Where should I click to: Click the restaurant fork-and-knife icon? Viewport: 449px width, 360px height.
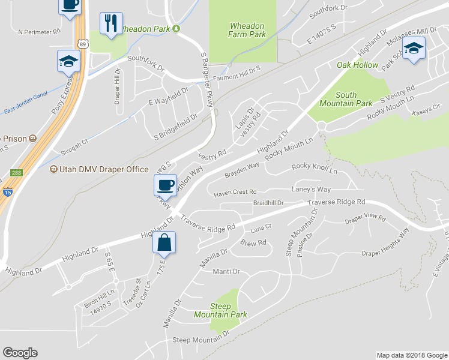click(x=110, y=23)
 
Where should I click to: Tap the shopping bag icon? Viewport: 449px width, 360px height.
click(x=164, y=244)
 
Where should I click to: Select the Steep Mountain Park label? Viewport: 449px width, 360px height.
click(x=220, y=310)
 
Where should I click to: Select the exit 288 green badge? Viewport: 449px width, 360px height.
click(x=16, y=173)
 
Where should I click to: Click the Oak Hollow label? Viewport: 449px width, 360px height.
click(x=357, y=65)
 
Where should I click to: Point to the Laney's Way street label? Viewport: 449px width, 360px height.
click(x=312, y=190)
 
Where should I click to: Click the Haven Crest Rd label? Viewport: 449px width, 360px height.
click(x=235, y=192)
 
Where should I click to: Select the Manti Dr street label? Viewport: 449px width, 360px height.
click(x=226, y=272)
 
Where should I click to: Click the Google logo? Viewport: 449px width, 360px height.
click(x=20, y=353)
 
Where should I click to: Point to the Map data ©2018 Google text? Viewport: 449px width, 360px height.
click(x=411, y=355)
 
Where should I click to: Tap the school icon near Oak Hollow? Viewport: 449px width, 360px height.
click(x=412, y=48)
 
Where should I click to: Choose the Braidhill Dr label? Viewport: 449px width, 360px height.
click(x=268, y=203)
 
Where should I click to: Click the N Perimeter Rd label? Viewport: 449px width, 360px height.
click(x=40, y=31)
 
